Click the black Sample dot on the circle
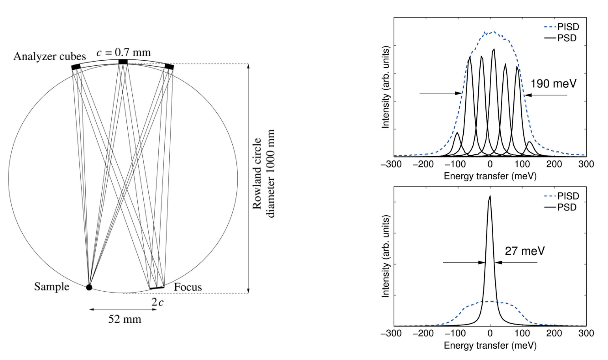click(x=89, y=287)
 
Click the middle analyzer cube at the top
click(x=122, y=62)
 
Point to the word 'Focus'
click(x=188, y=287)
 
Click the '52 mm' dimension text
click(x=125, y=319)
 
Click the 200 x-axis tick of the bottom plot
click(x=554, y=333)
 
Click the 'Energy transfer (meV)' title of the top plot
click(x=490, y=176)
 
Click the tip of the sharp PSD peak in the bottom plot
click(x=490, y=196)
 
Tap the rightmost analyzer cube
click(x=169, y=66)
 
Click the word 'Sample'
click(x=52, y=287)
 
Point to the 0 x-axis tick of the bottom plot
click(x=490, y=333)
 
